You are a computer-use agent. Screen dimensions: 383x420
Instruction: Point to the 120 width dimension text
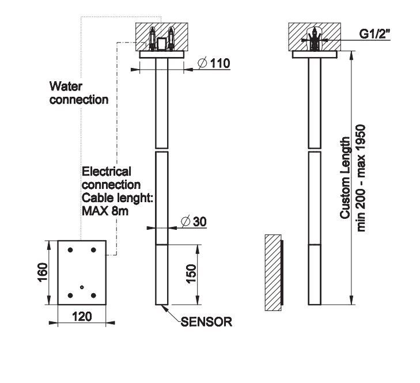(81, 316)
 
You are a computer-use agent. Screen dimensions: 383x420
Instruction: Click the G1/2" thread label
(375, 34)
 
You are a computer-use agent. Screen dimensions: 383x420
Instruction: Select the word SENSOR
(206, 322)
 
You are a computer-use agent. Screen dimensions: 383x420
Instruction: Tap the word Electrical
(107, 171)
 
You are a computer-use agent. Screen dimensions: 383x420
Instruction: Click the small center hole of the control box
(82, 287)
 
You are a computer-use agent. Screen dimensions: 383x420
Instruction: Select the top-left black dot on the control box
(70, 251)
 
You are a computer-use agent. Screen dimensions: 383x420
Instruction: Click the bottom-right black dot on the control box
(94, 295)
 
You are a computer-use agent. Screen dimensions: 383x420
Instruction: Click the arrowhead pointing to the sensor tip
(165, 308)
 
